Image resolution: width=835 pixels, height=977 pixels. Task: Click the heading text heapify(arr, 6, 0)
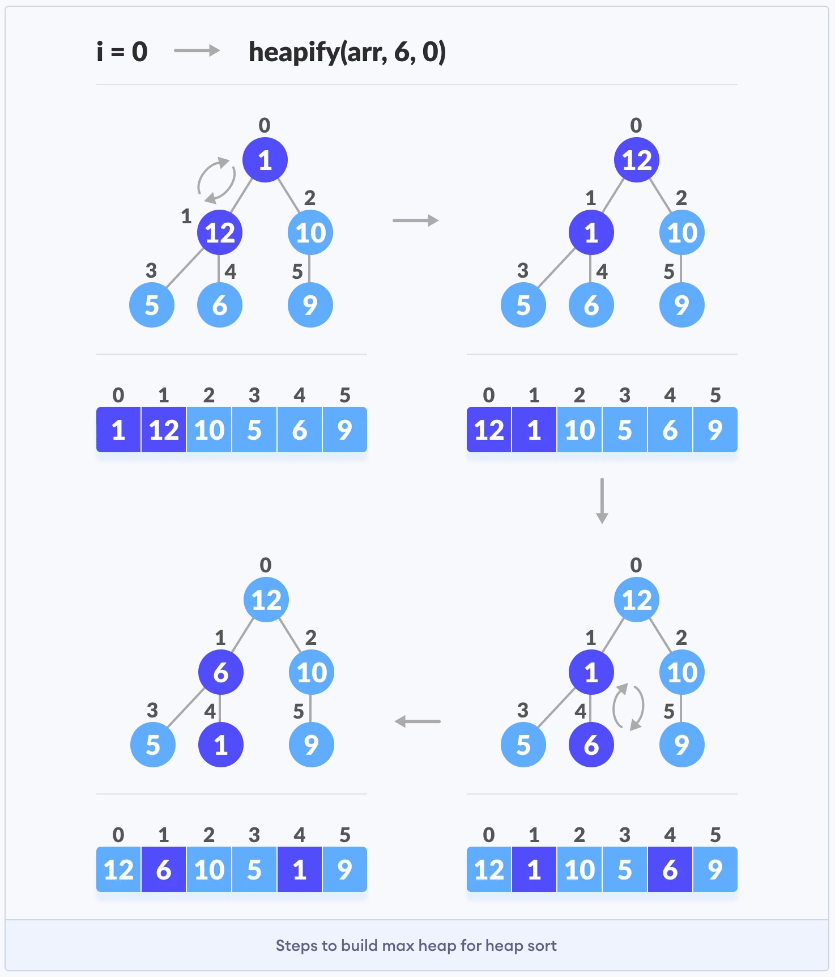pos(347,52)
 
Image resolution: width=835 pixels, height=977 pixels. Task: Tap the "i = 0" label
pos(122,52)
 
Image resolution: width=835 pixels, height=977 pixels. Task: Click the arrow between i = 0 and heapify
pos(197,51)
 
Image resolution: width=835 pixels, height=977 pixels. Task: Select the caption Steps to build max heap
pos(416,945)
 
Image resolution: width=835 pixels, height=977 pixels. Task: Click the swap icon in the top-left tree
pos(216,180)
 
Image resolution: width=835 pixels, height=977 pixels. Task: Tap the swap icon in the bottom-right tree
pos(628,707)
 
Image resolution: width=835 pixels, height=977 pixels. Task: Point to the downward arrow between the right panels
pos(602,500)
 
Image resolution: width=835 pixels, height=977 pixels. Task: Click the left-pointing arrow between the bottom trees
pos(417,721)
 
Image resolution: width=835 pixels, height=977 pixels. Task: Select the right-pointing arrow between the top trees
pos(415,220)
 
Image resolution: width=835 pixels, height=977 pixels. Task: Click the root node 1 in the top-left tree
pos(265,160)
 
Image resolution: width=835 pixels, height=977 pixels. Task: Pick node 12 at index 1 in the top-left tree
pos(220,232)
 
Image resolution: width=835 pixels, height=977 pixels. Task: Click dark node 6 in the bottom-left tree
pos(221,672)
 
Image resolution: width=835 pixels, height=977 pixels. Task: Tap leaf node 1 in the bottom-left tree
pos(221,745)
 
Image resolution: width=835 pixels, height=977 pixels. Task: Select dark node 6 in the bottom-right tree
pos(591,745)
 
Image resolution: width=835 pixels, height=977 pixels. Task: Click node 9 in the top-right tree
pos(682,305)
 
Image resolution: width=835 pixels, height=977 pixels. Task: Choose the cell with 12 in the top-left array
pos(164,430)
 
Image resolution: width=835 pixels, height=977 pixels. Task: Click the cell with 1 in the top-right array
pos(534,430)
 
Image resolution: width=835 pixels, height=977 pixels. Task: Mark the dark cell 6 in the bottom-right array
pos(670,869)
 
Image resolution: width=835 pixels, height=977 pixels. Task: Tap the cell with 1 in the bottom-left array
pos(300,869)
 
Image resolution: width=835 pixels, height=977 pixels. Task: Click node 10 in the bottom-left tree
pos(312,672)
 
